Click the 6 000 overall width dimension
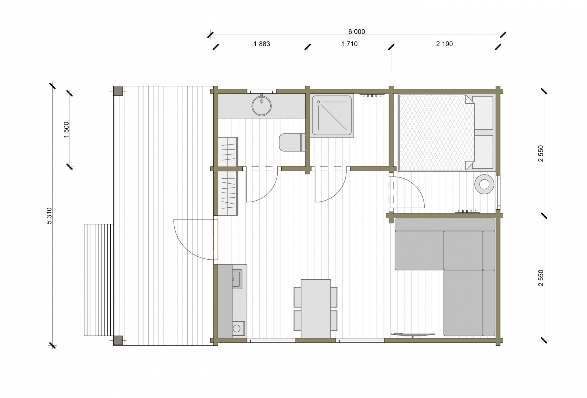pos(357,32)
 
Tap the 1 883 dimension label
pos(262,44)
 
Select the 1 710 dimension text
pos(349,44)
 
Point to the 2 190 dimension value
pos(444,44)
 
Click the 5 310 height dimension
pos(49,216)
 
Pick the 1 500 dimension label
pos(66,130)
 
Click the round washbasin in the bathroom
pos(262,105)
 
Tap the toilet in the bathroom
pos(292,142)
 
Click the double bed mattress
pos(436,132)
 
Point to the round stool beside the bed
pos(484,184)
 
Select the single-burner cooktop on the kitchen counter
pos(238,328)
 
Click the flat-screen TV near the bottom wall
pos(413,334)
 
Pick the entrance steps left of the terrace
pos(99,280)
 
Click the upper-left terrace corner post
pos(118,91)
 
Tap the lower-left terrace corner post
pos(118,340)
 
